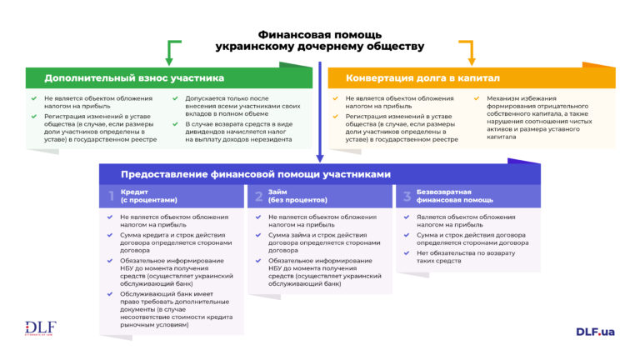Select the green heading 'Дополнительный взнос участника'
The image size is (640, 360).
(134, 78)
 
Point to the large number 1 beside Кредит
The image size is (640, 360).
(110, 197)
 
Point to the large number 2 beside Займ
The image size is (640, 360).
(257, 197)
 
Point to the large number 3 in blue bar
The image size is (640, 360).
(407, 197)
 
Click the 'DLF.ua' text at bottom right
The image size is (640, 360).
(595, 331)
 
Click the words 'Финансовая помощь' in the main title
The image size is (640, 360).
(320, 35)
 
